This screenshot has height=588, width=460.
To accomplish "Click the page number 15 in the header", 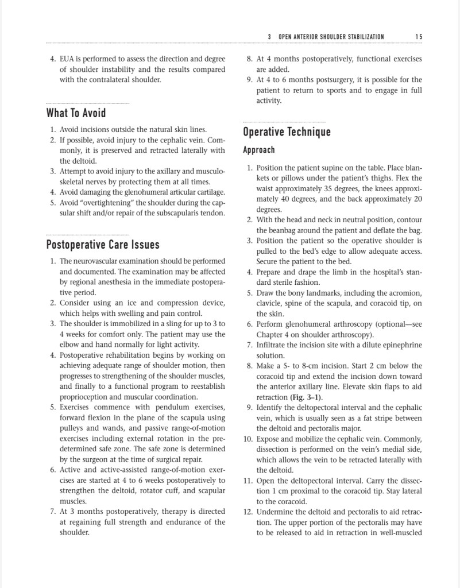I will [419, 37].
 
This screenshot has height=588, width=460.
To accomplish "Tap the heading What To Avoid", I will [76, 113].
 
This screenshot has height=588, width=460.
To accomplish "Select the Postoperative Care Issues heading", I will [103, 245].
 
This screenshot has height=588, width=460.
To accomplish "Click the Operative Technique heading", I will [287, 132].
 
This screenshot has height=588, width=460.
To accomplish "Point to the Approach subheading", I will [259, 150].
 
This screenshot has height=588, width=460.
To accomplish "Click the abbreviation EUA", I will [68, 59].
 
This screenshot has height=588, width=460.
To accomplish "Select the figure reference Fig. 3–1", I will [308, 397].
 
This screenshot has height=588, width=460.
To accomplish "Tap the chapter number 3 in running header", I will [269, 37].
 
